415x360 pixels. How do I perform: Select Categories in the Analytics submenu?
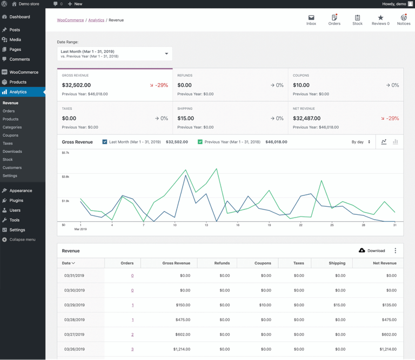12,127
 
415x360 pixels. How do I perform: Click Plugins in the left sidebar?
16,201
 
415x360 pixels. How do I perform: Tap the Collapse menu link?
22,240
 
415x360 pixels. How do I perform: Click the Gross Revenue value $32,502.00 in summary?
76,85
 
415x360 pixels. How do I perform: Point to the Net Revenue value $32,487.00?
307,118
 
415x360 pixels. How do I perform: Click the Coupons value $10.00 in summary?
301,85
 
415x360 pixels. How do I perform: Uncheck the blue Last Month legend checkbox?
105,142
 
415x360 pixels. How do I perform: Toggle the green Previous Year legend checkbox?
200,142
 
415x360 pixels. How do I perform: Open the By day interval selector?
361,142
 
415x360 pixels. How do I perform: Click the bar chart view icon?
396,142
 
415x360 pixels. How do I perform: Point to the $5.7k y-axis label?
65,153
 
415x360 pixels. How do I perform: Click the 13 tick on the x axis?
206,225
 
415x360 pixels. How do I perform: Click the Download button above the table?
372,251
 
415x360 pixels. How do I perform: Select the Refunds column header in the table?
222,263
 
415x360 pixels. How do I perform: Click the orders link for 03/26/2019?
132,349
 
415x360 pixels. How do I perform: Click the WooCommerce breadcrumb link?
70,20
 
